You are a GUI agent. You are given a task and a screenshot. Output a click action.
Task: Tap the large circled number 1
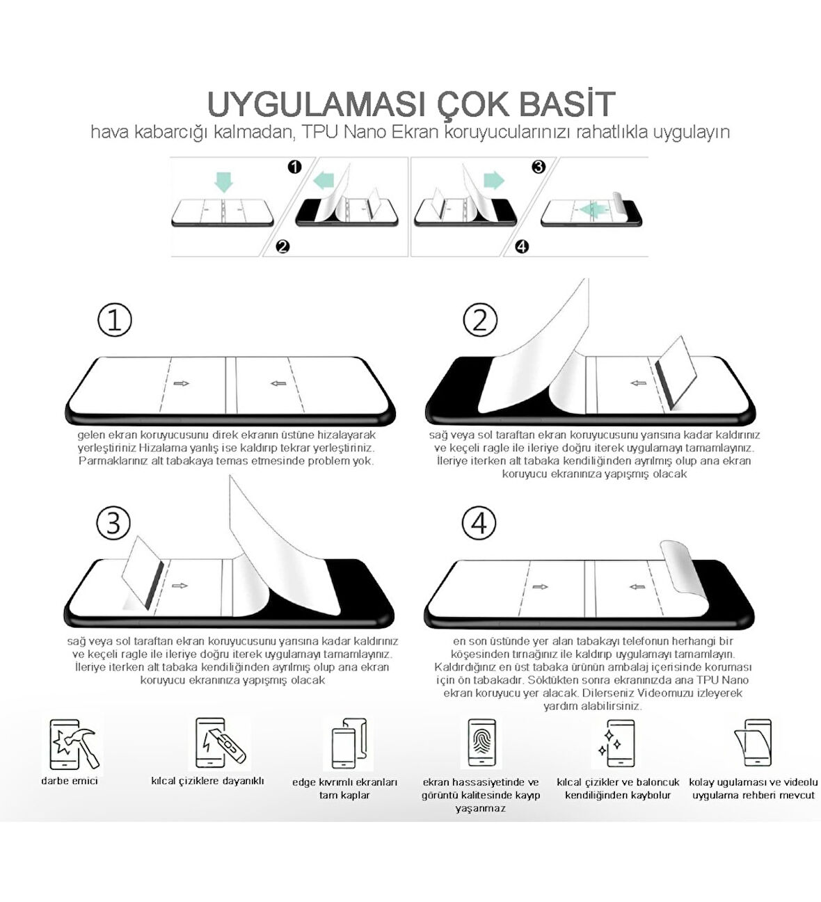[115, 321]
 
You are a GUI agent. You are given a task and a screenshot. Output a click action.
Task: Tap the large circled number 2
[480, 321]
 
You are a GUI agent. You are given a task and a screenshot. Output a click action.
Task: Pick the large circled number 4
[479, 522]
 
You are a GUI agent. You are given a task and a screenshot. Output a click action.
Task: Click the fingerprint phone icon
[481, 743]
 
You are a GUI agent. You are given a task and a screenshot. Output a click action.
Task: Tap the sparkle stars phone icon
[616, 743]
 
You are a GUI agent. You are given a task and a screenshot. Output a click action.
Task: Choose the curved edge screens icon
[348, 743]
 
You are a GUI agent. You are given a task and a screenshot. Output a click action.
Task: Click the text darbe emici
[70, 781]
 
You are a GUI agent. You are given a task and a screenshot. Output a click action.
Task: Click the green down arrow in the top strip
[223, 182]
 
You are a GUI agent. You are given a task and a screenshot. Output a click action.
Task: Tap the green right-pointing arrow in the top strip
[493, 181]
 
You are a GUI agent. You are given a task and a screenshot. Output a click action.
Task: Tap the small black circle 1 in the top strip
[294, 167]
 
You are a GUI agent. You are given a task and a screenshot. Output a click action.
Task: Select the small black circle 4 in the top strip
[523, 246]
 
